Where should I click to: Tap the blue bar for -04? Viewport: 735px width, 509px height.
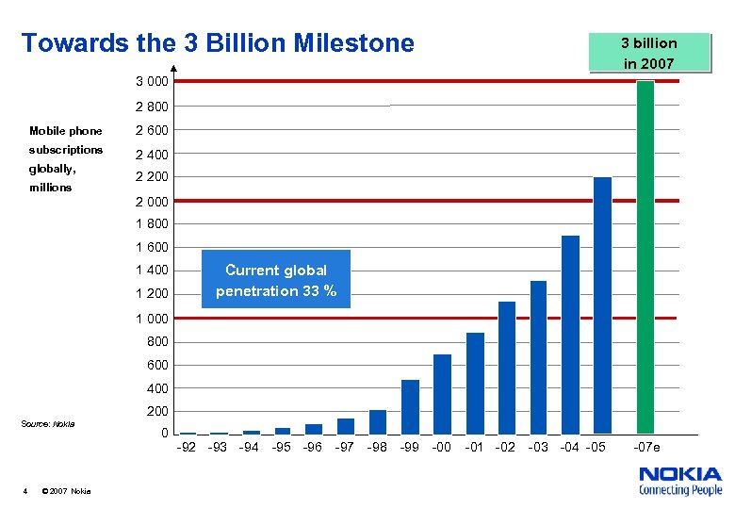(x=570, y=334)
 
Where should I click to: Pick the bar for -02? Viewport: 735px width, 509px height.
(x=507, y=367)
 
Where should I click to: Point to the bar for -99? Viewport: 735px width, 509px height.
(x=410, y=406)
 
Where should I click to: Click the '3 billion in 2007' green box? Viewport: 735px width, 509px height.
(x=648, y=53)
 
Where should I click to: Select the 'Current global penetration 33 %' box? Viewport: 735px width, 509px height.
(x=276, y=280)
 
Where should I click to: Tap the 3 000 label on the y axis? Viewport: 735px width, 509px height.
(x=151, y=82)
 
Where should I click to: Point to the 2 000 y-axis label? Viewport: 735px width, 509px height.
(x=151, y=202)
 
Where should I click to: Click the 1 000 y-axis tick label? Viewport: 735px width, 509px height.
(x=151, y=319)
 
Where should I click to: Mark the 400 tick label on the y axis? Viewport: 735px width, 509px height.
(x=157, y=388)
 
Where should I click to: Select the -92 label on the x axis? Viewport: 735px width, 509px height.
(x=187, y=447)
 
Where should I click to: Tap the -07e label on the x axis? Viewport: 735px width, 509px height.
(x=647, y=447)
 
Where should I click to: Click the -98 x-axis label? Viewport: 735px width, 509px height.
(x=377, y=447)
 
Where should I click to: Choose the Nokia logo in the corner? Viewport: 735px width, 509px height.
(x=680, y=481)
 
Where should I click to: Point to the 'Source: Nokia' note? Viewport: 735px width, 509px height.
(x=48, y=423)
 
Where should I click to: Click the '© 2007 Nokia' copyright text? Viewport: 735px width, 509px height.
(x=67, y=491)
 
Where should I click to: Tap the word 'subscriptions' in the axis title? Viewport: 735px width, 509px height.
(x=66, y=150)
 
